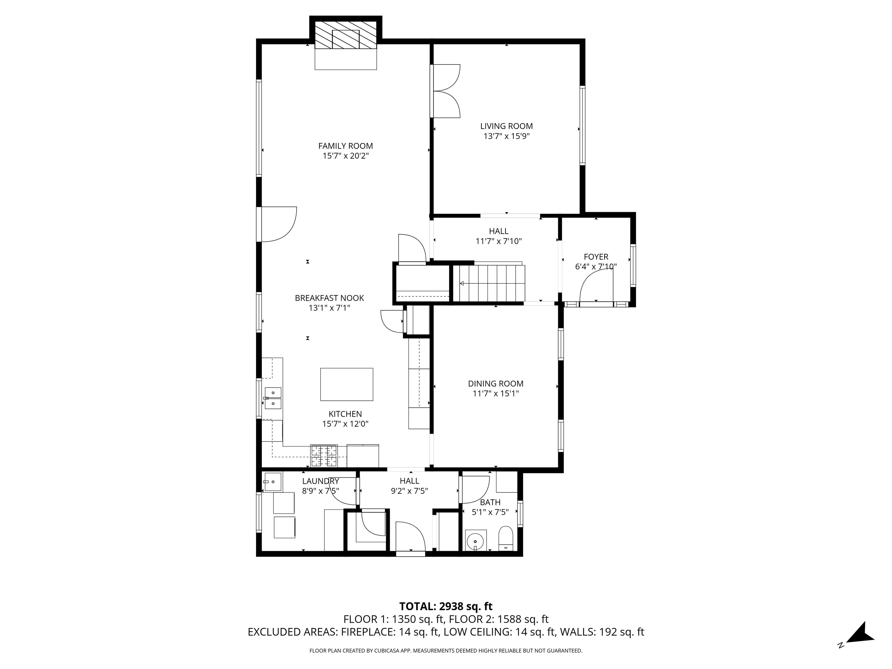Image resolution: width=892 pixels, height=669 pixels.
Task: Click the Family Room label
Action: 346,146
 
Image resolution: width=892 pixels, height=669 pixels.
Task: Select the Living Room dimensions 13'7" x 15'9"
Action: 506,136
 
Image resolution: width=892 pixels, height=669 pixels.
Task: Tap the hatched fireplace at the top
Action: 346,35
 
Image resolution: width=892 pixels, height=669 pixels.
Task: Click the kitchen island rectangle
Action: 347,384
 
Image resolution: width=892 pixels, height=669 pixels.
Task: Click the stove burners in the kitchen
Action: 324,456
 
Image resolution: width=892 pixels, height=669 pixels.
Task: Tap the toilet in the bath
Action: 506,539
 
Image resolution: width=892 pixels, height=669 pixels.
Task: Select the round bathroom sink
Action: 476,540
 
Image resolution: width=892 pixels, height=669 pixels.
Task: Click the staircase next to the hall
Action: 489,283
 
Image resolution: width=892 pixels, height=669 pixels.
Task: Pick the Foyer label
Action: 596,257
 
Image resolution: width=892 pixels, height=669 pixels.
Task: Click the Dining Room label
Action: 496,384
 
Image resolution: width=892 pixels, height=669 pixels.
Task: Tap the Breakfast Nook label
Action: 330,298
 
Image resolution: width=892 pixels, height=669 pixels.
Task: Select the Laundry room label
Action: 321,481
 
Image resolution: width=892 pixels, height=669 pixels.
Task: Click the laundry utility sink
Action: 273,482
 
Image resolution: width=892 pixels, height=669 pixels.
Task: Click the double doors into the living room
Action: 446,91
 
